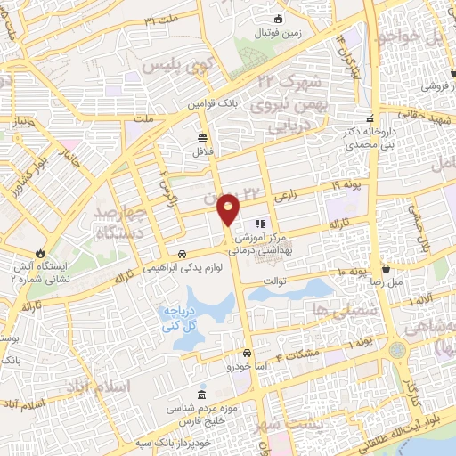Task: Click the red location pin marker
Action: point(229,211)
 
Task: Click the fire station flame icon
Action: point(40,253)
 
